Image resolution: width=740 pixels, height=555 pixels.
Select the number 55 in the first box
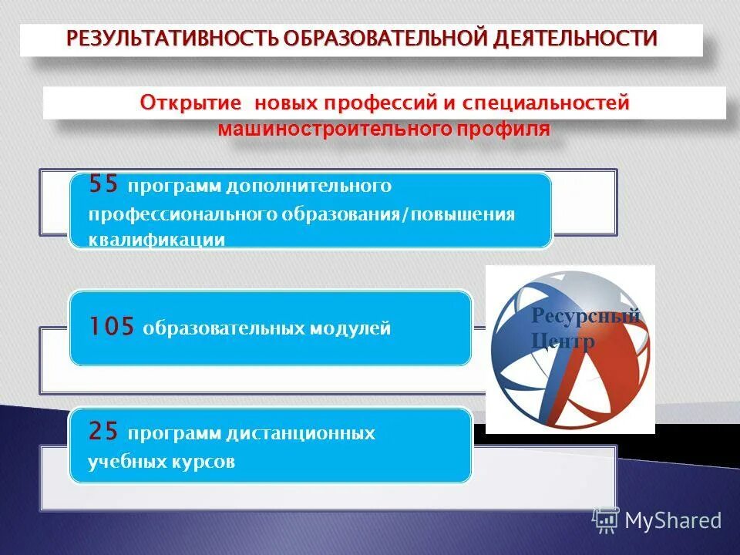pyautogui.click(x=105, y=185)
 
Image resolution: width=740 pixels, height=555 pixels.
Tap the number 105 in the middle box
pyautogui.click(x=113, y=328)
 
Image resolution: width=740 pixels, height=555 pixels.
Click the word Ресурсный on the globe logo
pyautogui.click(x=586, y=316)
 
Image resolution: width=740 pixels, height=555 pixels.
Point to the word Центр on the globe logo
pyautogui.click(x=563, y=341)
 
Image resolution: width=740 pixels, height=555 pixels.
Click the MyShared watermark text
pyautogui.click(x=673, y=520)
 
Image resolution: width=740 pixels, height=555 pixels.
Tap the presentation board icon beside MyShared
pyautogui.click(x=606, y=521)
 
